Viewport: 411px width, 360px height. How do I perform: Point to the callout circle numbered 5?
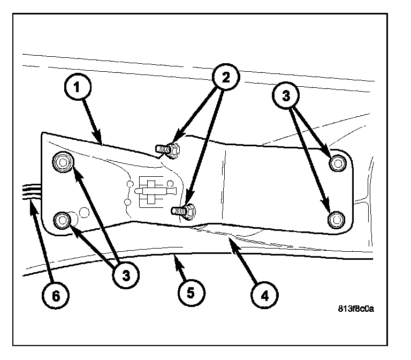point(192,294)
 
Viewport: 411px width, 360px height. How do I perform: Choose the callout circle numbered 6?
point(57,294)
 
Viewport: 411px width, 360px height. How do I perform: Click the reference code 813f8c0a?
point(355,309)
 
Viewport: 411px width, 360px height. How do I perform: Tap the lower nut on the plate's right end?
point(336,219)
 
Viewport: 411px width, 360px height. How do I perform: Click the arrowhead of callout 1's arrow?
point(100,141)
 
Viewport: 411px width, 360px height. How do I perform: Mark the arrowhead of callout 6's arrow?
point(32,202)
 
